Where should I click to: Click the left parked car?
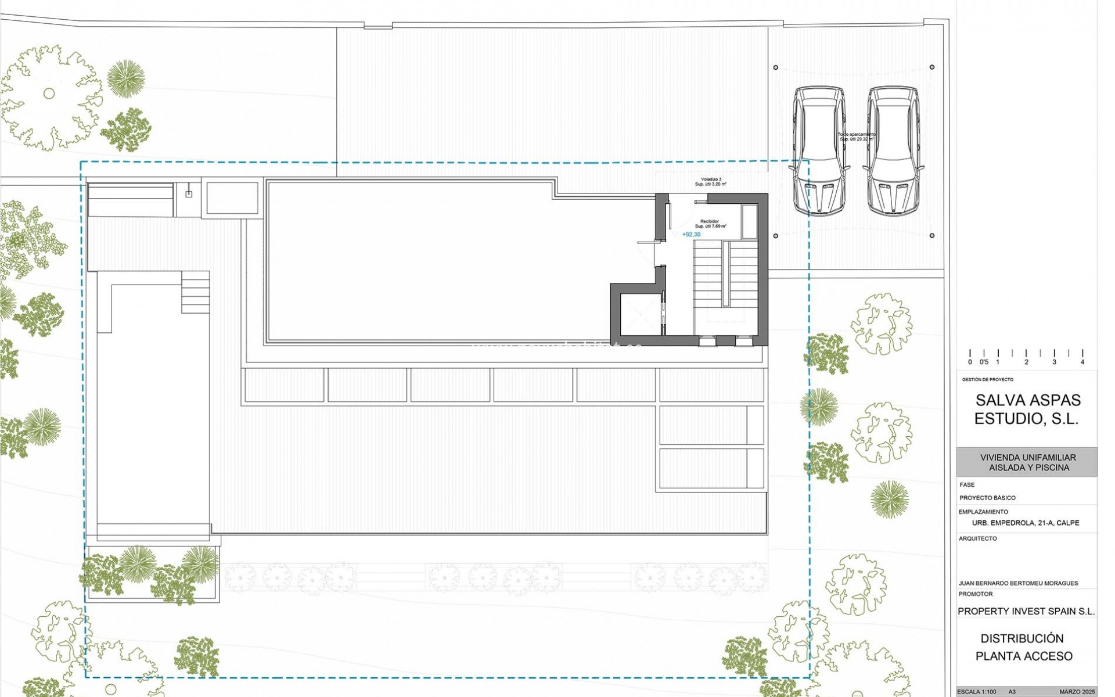tap(819, 151)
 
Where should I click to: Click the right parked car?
tap(893, 151)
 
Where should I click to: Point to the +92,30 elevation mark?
tap(691, 235)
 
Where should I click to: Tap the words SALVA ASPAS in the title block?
tap(1028, 400)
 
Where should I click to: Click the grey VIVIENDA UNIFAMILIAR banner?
tap(1027, 462)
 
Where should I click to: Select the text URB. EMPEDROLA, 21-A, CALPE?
tap(1026, 523)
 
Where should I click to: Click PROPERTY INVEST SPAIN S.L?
tap(1026, 611)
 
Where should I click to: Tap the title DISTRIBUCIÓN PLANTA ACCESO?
tap(1023, 647)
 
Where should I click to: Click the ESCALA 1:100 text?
tap(976, 692)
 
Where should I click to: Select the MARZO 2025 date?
tap(1077, 692)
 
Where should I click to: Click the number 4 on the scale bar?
tap(1082, 362)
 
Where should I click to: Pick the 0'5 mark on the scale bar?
tap(984, 362)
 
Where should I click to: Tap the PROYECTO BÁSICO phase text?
tap(987, 498)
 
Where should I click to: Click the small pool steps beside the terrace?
tap(195, 292)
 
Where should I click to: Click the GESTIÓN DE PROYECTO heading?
tap(987, 380)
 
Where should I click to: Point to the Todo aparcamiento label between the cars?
tap(856, 136)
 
